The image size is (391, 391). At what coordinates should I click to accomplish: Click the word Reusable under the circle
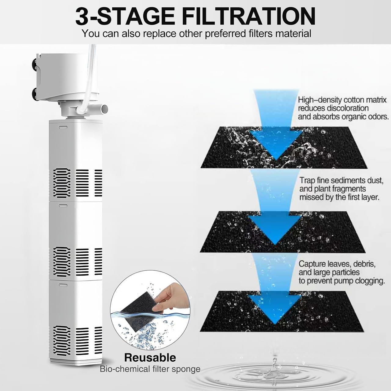(x=150, y=357)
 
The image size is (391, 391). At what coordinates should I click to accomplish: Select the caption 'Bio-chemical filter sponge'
(x=150, y=369)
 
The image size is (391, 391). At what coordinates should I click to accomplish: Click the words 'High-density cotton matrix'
(x=342, y=100)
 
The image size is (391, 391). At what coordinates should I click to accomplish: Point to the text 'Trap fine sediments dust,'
(x=341, y=181)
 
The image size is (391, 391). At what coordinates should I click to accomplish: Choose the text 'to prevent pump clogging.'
(x=342, y=281)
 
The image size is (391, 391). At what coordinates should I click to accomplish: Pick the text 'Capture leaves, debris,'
(x=337, y=264)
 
